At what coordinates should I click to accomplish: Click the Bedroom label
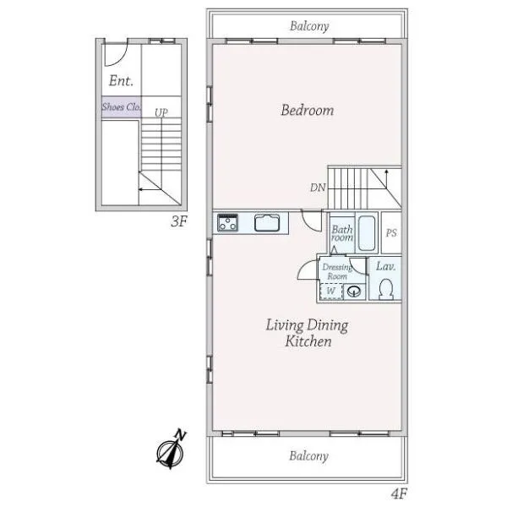(x=308, y=110)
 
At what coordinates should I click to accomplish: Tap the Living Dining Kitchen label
(x=308, y=333)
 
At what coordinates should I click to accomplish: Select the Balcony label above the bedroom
(x=309, y=26)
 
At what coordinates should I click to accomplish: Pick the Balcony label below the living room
(x=308, y=456)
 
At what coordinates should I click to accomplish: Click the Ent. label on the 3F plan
(x=121, y=80)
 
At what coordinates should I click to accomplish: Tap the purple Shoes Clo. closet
(x=122, y=106)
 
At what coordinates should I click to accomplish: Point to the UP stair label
(x=161, y=112)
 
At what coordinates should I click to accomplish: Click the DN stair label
(x=318, y=188)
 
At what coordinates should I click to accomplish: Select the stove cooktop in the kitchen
(x=227, y=223)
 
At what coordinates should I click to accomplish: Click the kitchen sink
(x=267, y=223)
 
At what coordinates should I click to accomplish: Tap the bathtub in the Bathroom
(x=367, y=233)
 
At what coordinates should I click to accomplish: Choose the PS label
(x=391, y=233)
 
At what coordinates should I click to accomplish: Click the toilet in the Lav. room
(x=386, y=289)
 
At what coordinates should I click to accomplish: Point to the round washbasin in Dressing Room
(x=354, y=292)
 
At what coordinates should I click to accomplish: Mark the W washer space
(x=330, y=291)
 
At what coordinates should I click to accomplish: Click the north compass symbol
(x=171, y=450)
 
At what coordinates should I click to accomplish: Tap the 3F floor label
(x=179, y=221)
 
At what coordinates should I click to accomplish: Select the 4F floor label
(x=399, y=493)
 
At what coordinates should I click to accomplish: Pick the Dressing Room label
(x=337, y=271)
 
